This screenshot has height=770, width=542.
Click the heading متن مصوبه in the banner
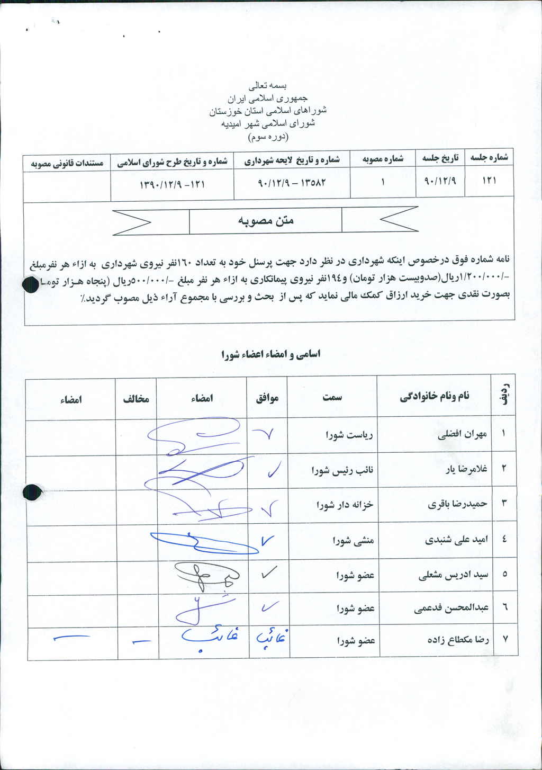[x=265, y=220]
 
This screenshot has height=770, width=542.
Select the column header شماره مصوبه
[x=383, y=158]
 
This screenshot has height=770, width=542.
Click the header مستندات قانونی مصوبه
[x=67, y=162]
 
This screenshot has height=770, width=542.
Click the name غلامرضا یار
[x=466, y=469]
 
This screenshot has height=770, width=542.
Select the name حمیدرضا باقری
[x=457, y=504]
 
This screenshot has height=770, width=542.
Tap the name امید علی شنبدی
[x=456, y=540]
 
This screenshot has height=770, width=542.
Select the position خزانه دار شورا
[x=345, y=505]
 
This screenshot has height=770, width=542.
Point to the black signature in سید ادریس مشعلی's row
[x=206, y=575]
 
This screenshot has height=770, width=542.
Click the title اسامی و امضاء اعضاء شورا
[x=270, y=354]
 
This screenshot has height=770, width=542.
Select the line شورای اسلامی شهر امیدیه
[x=269, y=123]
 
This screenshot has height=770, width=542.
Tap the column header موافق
[x=267, y=398]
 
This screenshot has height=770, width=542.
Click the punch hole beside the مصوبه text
[x=32, y=285]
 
